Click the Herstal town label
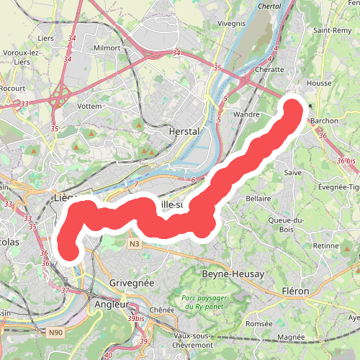183,132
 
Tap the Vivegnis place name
231,23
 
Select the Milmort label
107,48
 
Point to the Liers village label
67,37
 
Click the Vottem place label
89,105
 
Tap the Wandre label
247,114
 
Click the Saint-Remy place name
332,30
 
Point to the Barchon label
324,121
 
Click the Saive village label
293,173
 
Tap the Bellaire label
258,198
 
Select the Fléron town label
295,291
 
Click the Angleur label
111,305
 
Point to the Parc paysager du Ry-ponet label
208,302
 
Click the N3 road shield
135,245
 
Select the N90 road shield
57,332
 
